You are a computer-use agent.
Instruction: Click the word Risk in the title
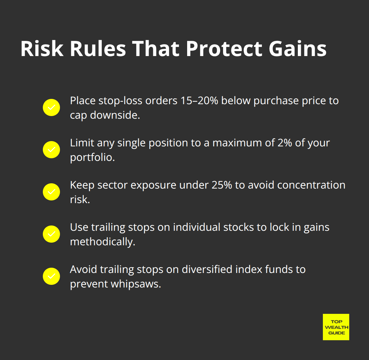point(42,49)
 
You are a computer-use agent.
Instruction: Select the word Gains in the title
point(298,49)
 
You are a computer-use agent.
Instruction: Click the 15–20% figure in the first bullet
point(199,101)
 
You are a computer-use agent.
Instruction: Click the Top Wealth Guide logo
point(336,327)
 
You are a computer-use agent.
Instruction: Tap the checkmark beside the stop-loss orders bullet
point(51,107)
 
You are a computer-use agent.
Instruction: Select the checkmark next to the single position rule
point(51,150)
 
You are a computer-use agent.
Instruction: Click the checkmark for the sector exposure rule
point(51,192)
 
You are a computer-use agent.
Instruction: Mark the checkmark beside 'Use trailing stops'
point(51,234)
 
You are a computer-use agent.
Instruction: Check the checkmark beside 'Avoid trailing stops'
point(51,276)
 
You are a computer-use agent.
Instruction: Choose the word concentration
point(311,185)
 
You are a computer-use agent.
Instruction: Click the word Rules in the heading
point(98,49)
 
